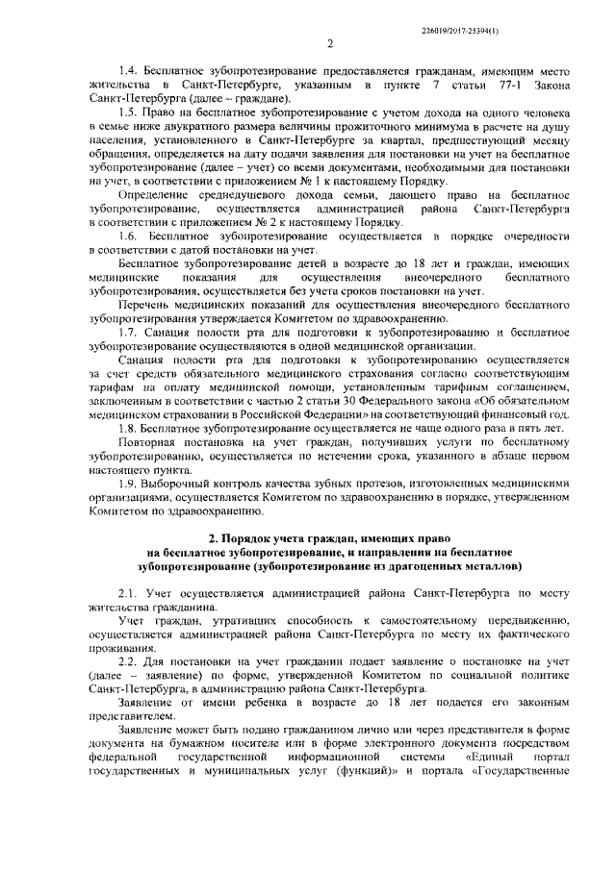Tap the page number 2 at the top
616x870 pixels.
pos(329,42)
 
